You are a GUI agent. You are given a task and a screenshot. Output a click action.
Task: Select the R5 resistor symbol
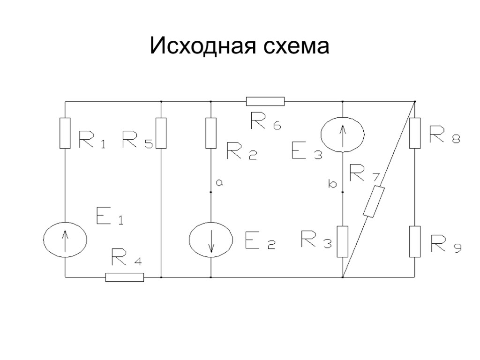tap(161, 133)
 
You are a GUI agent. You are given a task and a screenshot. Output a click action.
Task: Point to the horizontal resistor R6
tap(265, 101)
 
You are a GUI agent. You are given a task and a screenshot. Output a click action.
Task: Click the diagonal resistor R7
tap(374, 202)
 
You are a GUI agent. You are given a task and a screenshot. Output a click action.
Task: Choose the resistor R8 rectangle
tap(414, 133)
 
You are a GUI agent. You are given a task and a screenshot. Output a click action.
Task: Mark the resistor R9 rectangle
tap(414, 241)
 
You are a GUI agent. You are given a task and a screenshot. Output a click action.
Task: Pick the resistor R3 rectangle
tap(343, 241)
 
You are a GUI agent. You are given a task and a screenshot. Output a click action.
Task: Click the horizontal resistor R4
tap(124, 277)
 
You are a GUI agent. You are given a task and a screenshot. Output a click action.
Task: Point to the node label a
tap(219, 184)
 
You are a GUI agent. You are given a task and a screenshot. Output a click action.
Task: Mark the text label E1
tap(109, 217)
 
